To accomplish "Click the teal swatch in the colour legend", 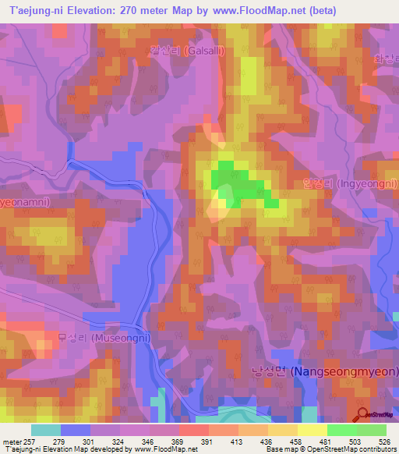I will (x=46, y=430).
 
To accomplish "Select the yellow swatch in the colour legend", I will (x=311, y=430).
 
